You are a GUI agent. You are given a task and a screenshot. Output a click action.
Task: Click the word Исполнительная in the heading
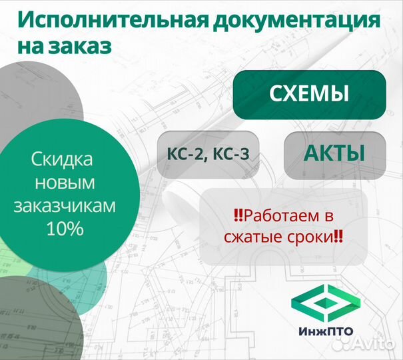113,20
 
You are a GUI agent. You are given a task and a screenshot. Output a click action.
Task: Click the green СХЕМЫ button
310,95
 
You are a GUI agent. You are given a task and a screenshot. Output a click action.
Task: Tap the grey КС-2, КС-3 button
208,155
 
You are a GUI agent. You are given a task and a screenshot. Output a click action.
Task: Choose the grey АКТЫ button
335,155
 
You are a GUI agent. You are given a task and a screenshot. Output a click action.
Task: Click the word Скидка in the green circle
62,159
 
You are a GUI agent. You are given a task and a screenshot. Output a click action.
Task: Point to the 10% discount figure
65,229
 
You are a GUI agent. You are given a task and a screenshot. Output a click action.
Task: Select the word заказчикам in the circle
65,206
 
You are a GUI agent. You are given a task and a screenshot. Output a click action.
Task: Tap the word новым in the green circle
65,183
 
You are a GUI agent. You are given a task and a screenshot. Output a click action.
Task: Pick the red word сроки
310,237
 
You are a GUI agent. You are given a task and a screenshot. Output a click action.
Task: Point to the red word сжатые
253,237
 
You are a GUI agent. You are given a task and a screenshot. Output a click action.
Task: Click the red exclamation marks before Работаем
238,215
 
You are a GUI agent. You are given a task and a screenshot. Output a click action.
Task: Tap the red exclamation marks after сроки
338,237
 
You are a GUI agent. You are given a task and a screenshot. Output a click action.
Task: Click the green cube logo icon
326,303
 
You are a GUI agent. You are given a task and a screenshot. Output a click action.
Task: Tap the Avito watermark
363,343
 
